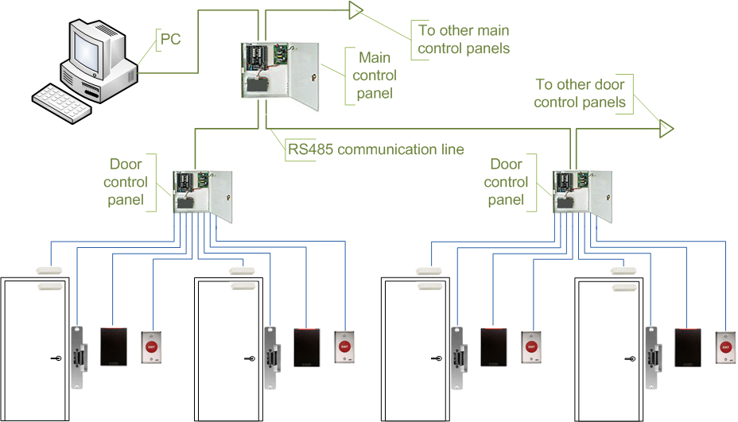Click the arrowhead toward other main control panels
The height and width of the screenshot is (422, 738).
point(355,10)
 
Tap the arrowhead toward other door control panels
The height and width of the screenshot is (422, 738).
point(666,127)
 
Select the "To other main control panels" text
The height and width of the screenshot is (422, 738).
point(464,40)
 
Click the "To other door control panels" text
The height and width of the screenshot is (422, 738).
point(580,93)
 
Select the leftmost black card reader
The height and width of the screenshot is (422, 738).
point(114,347)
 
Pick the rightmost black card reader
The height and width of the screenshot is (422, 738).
point(687,347)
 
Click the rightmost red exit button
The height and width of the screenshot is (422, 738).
point(724,347)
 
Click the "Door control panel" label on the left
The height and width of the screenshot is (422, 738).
point(126,182)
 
